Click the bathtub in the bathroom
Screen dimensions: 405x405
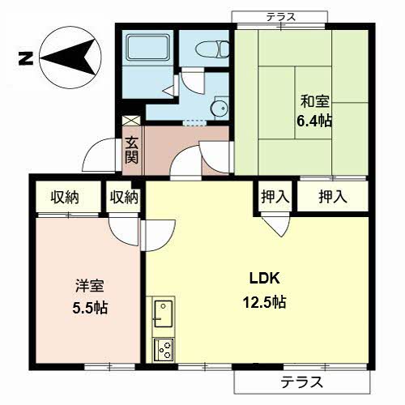point(148,47)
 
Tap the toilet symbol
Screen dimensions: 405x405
point(212,49)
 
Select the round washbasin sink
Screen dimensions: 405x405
point(220,108)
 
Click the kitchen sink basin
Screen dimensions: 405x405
point(164,313)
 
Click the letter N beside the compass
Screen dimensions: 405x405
point(26,58)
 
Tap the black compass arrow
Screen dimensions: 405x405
point(68,58)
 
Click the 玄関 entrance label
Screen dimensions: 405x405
point(132,151)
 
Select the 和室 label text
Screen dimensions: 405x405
point(315,101)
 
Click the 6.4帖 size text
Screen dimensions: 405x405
point(314,121)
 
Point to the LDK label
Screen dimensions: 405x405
point(264,278)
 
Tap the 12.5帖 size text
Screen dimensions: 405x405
point(265,302)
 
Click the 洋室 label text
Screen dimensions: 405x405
point(90,286)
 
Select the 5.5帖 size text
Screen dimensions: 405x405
point(90,308)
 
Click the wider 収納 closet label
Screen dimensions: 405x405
point(65,197)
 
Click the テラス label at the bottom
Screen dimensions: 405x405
point(301,382)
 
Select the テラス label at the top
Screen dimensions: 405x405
point(281,17)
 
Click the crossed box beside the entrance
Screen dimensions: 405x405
point(131,121)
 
